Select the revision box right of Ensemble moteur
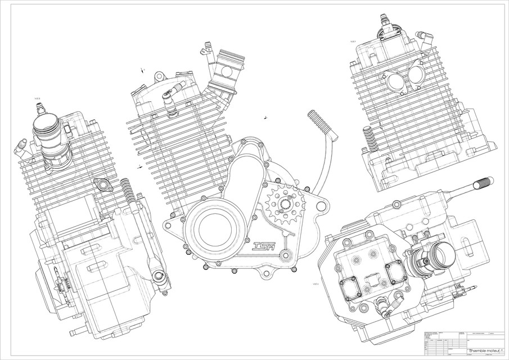[x=502, y=349]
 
